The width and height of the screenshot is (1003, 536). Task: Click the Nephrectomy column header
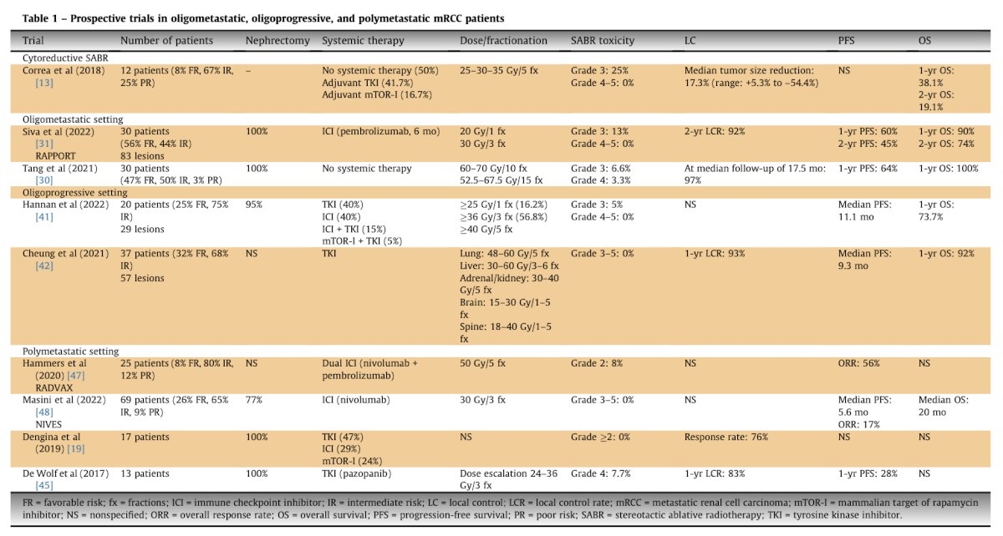tap(277, 41)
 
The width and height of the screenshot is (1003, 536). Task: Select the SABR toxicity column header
tap(603, 41)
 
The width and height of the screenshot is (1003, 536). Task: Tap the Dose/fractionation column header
tap(503, 41)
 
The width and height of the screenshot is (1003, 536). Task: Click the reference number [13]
tap(44, 83)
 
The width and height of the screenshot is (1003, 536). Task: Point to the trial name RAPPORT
tap(55, 156)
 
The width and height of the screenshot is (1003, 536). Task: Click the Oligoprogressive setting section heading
tap(74, 193)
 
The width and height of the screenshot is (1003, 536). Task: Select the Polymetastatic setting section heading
tap(71, 351)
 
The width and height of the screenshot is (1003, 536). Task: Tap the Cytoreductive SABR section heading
tap(65, 58)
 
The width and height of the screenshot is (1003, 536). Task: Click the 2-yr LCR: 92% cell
tap(714, 132)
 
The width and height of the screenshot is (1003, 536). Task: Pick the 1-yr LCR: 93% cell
tap(714, 254)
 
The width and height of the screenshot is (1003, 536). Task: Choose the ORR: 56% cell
tap(859, 363)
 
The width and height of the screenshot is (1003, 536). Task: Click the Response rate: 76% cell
tap(726, 437)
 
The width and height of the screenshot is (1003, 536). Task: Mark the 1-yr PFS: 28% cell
tap(868, 473)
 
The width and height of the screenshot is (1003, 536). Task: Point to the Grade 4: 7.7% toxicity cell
tap(600, 473)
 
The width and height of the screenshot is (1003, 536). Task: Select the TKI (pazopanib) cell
tap(356, 474)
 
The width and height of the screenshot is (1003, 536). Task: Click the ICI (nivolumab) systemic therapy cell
tap(356, 400)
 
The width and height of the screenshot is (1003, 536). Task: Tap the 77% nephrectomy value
tap(254, 400)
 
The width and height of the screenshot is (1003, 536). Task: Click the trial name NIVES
tap(48, 425)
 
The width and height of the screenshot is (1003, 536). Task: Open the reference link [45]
tap(44, 485)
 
